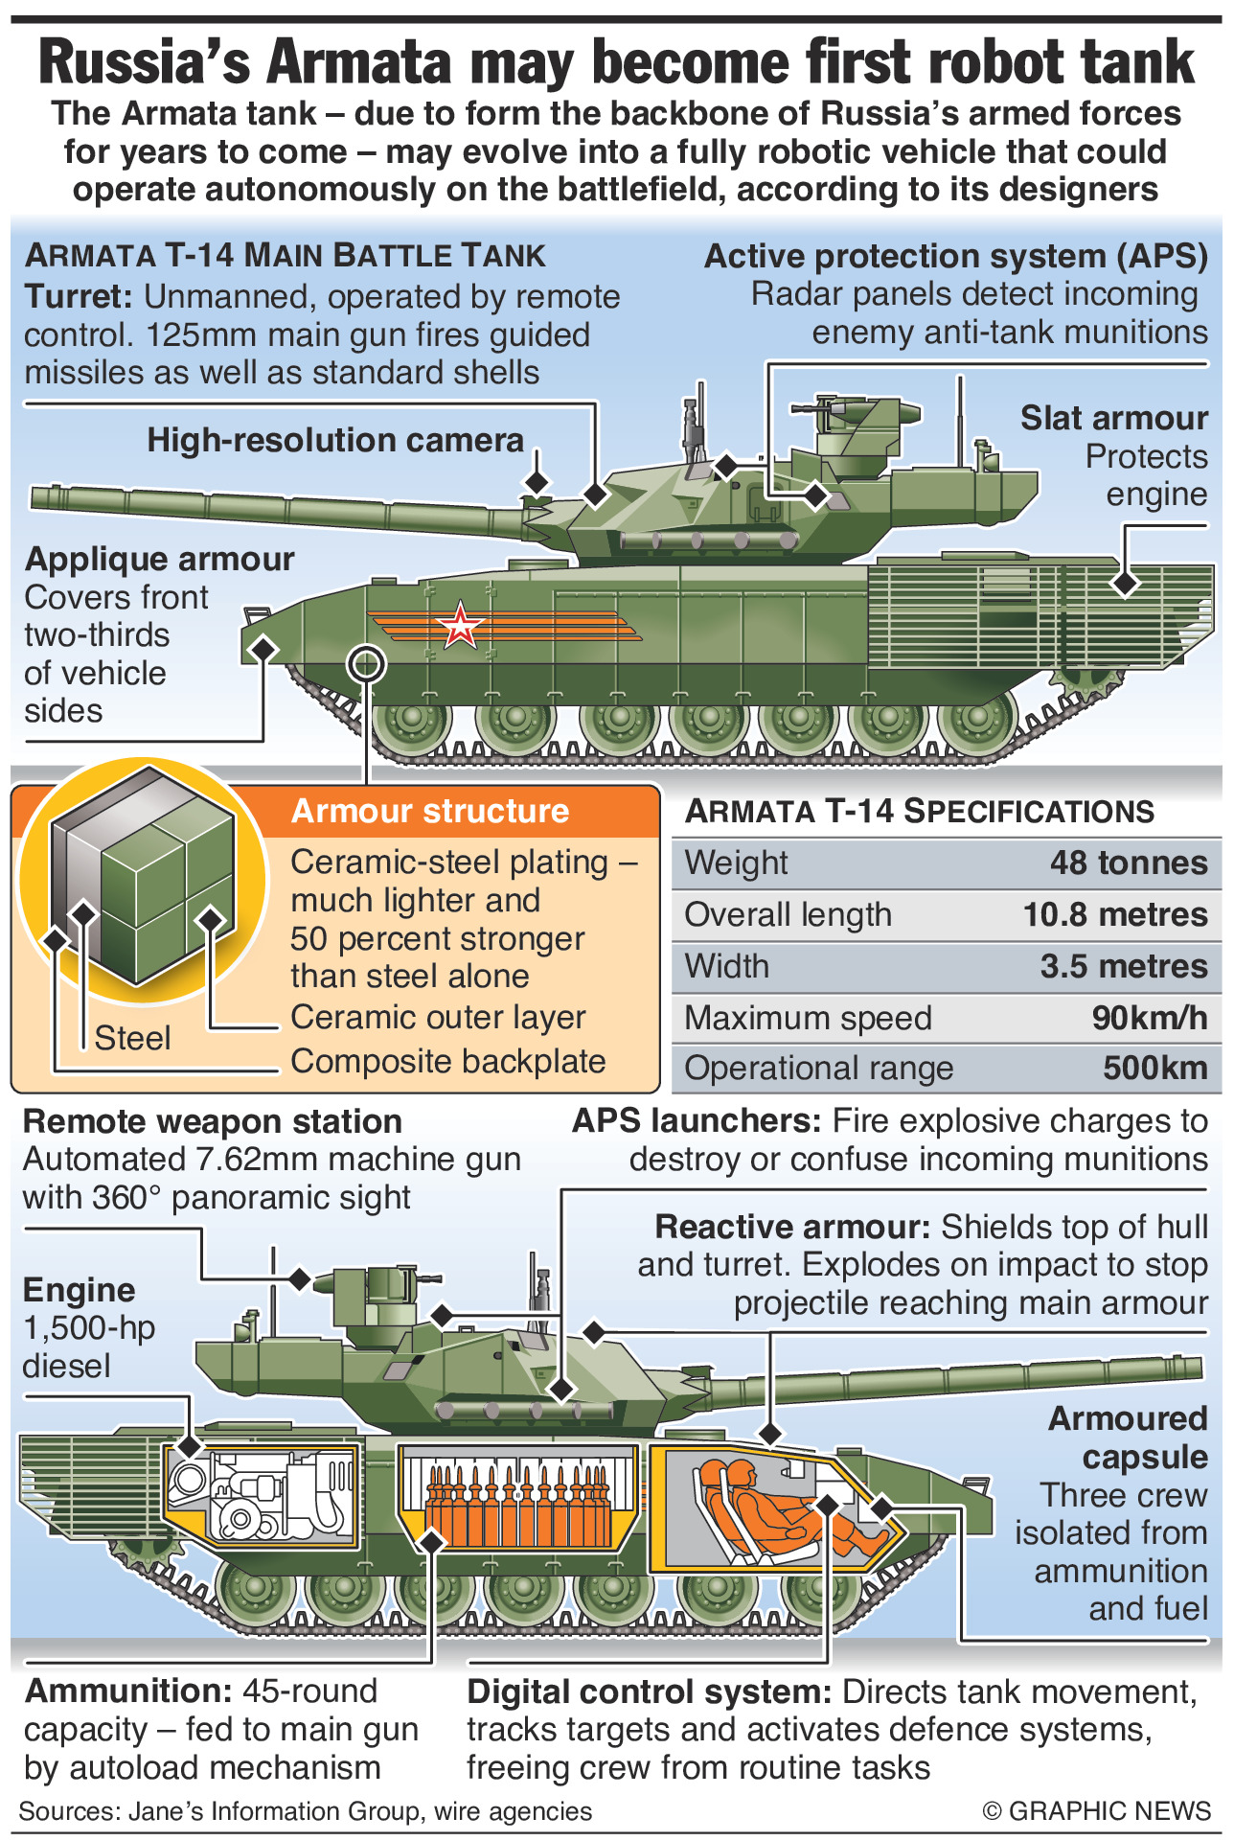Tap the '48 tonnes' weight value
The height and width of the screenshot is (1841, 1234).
[x=1129, y=863]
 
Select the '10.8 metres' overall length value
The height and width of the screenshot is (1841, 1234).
[x=1115, y=914]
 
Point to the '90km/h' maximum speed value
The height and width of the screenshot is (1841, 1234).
[x=1150, y=1018]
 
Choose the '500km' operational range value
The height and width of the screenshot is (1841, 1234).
[x=1155, y=1068]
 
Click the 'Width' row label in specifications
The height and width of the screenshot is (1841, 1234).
[x=726, y=966]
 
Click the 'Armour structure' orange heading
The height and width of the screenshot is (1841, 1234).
[x=430, y=811]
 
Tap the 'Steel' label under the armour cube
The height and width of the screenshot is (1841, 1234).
[x=132, y=1038]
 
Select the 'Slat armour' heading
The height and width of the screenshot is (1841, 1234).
[x=1114, y=418]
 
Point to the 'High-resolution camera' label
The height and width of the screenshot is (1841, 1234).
[x=335, y=440]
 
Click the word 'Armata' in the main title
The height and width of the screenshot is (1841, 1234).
[x=359, y=63]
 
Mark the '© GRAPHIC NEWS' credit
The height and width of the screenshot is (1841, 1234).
[x=1097, y=1810]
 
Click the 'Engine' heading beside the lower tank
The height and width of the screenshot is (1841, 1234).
[x=79, y=1290]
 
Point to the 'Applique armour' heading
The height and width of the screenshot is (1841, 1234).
[x=160, y=559]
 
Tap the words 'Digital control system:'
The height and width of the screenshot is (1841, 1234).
[x=649, y=1692]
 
